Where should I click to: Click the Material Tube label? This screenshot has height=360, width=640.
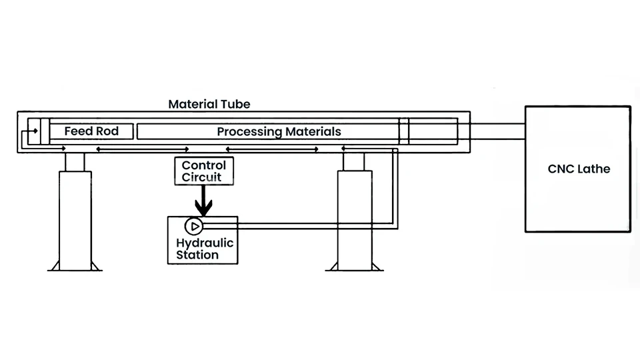click(209, 104)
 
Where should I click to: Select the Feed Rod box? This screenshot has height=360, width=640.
click(91, 131)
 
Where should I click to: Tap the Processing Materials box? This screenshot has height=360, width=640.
click(267, 131)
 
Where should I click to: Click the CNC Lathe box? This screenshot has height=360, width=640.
click(577, 169)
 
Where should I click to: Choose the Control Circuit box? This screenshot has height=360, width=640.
click(203, 171)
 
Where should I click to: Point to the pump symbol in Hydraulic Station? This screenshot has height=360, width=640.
click(193, 226)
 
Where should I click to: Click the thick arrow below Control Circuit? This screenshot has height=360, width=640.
click(203, 200)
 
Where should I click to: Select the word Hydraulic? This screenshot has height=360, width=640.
click(205, 243)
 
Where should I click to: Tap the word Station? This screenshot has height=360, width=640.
click(197, 255)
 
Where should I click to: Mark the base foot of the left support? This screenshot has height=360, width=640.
click(75, 267)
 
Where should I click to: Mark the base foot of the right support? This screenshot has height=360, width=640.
click(354, 267)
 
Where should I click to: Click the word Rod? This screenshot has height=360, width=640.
click(107, 131)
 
